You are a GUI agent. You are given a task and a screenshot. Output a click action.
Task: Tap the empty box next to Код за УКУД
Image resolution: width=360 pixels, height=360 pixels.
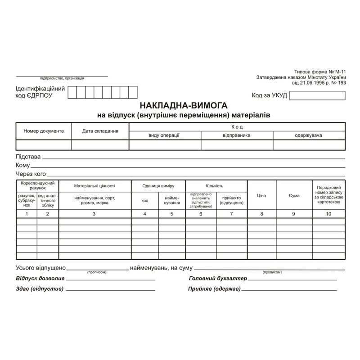[317, 95]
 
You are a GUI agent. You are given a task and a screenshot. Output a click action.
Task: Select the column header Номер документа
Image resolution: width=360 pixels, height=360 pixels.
[44, 131]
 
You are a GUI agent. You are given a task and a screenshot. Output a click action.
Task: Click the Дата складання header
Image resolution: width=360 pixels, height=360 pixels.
[100, 131]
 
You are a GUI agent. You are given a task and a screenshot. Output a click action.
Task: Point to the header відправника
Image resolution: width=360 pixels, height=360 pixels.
[237, 135]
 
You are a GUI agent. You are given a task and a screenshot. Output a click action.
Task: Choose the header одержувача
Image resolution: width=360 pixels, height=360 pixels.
[309, 135]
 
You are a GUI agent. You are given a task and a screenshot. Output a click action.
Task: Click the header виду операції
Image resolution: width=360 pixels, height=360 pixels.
[165, 135]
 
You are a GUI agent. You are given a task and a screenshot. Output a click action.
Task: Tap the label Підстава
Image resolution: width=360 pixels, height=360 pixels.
[28, 157]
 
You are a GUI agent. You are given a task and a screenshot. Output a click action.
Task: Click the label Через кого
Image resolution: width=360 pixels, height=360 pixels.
[31, 174]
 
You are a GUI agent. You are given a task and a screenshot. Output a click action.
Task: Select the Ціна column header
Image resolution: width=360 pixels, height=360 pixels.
[262, 195]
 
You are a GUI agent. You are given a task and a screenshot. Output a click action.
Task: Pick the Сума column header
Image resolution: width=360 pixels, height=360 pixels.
[294, 195]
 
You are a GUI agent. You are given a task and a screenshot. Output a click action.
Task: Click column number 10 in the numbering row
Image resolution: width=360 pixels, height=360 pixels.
[328, 214]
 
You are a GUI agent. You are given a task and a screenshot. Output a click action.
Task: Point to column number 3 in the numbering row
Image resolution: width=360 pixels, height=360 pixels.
[94, 214]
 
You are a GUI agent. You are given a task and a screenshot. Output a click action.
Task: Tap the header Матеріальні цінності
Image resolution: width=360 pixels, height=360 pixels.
[94, 185]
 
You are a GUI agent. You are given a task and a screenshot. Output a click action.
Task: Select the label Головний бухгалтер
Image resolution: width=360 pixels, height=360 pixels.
[218, 279]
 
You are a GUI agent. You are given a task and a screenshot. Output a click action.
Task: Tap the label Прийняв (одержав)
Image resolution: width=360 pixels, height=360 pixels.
[214, 289]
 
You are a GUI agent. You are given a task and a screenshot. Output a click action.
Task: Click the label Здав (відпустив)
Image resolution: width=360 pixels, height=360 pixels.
[40, 289]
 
